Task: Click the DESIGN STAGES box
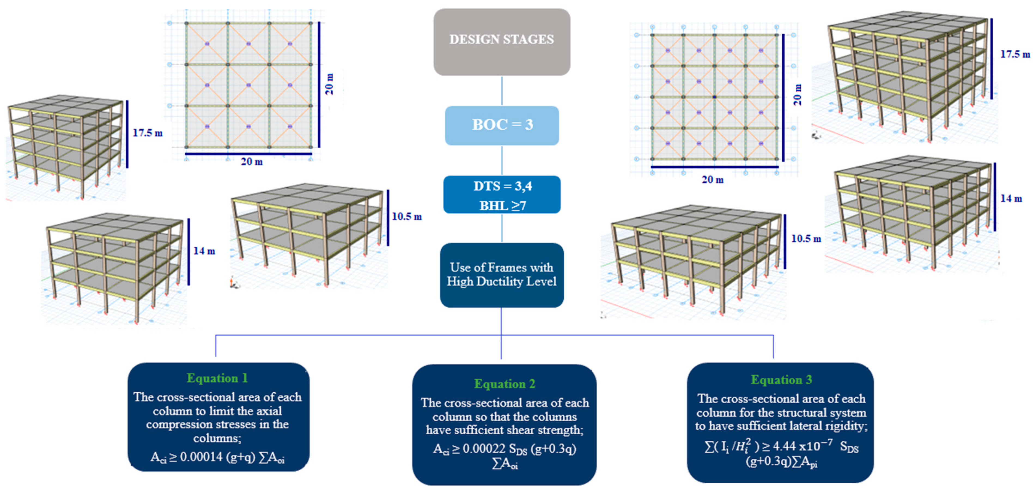(x=502, y=42)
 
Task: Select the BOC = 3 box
(x=502, y=125)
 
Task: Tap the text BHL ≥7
(x=502, y=205)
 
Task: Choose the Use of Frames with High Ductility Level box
(x=502, y=275)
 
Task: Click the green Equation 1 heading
(x=217, y=378)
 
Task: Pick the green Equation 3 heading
(x=781, y=380)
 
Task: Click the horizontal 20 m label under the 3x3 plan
(x=251, y=162)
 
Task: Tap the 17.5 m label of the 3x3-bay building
(x=148, y=133)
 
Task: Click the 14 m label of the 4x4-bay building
(x=1011, y=199)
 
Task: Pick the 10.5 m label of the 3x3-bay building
(x=407, y=217)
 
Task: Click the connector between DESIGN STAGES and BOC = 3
(x=502, y=91)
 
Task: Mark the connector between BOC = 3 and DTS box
(x=502, y=160)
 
